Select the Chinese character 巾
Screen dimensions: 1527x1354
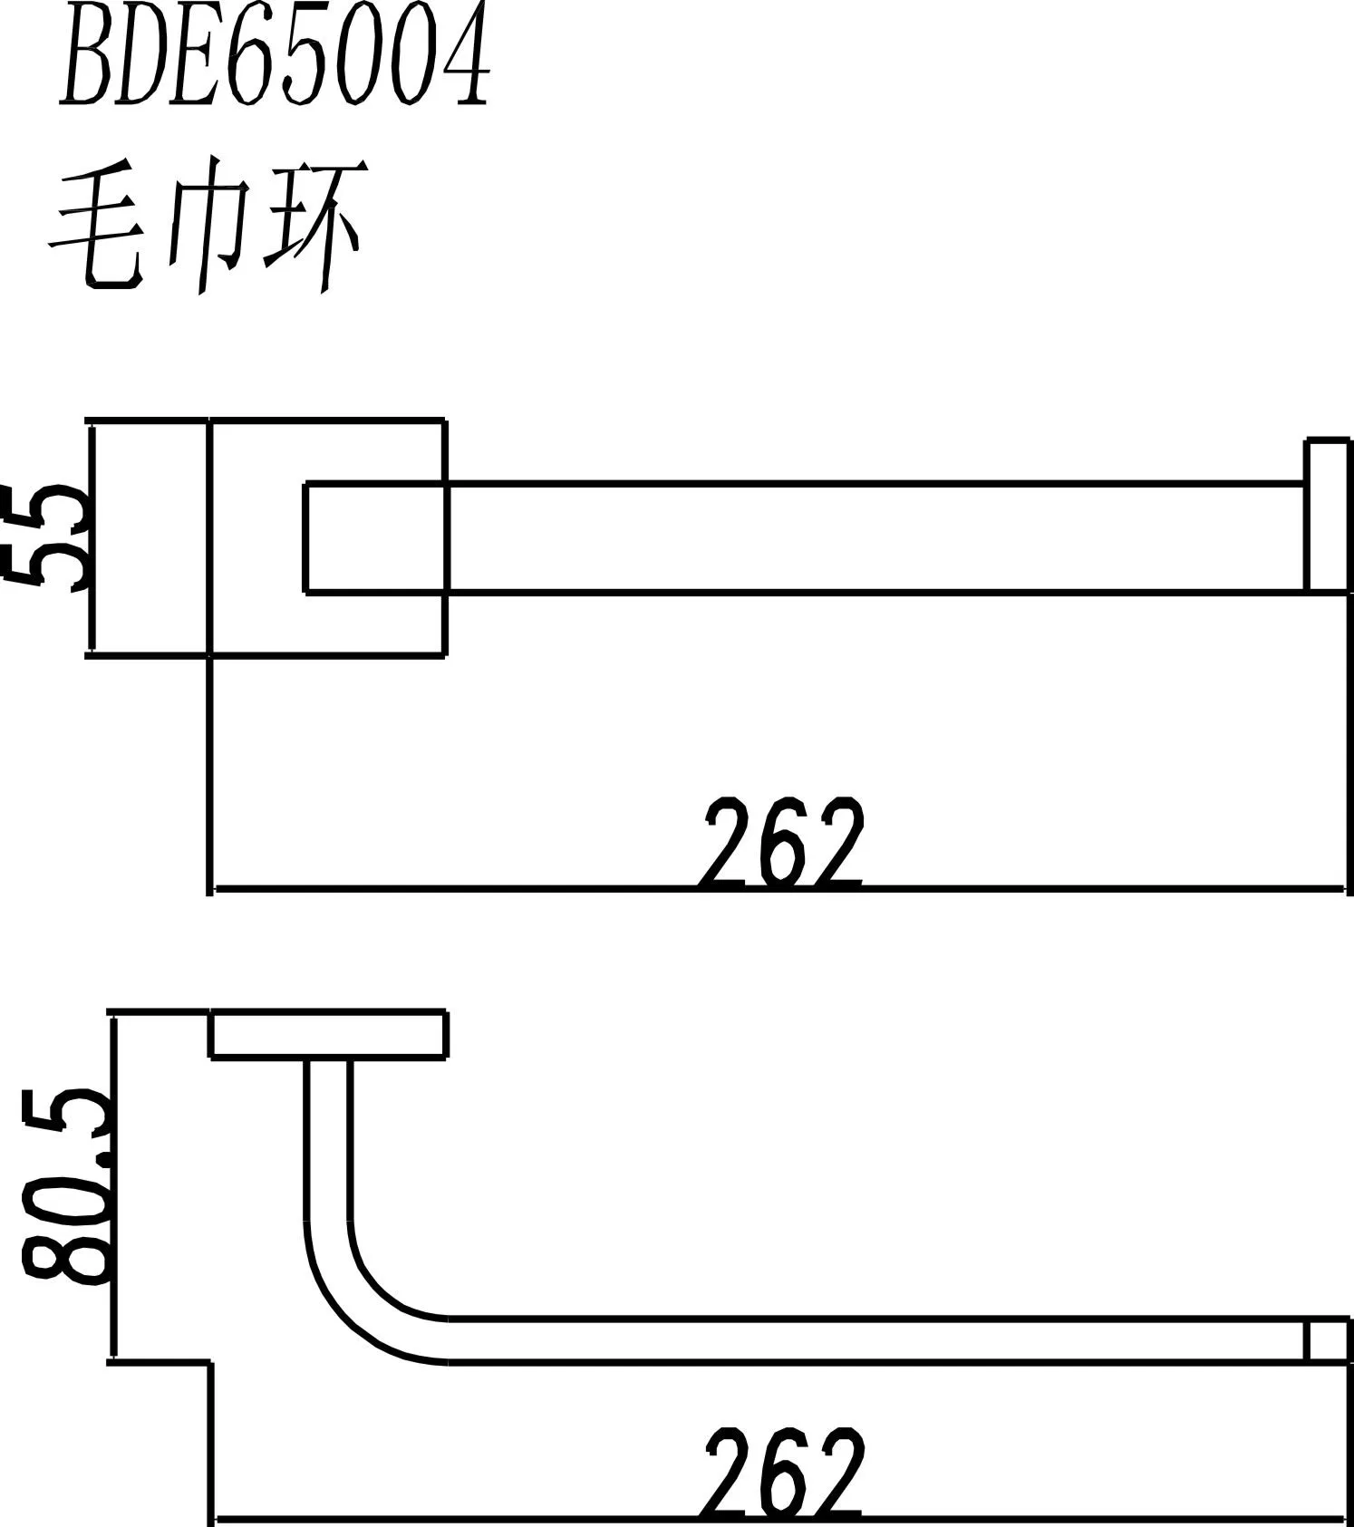click(208, 222)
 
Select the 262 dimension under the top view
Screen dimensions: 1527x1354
click(781, 843)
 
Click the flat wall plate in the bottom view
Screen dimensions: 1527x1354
click(328, 1035)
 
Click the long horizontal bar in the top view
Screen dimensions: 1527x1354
click(870, 537)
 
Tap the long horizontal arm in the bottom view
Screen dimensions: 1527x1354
click(870, 1339)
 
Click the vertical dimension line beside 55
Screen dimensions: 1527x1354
click(92, 536)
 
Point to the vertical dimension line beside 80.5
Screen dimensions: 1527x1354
click(114, 1187)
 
